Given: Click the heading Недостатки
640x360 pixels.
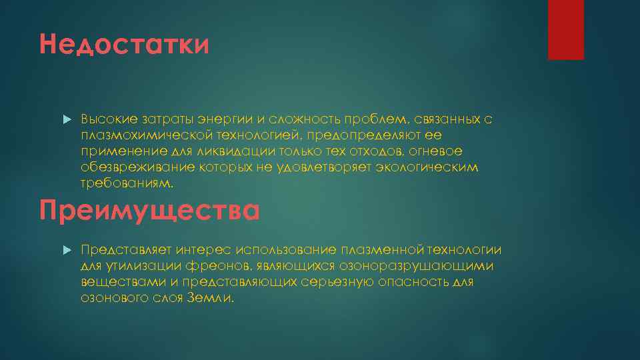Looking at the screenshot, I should click(x=124, y=46).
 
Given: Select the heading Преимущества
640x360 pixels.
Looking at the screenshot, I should click(x=149, y=209).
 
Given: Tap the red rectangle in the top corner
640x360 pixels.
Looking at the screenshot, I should click(x=565, y=30).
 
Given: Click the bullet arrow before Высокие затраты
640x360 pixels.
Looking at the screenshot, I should click(x=66, y=119).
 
